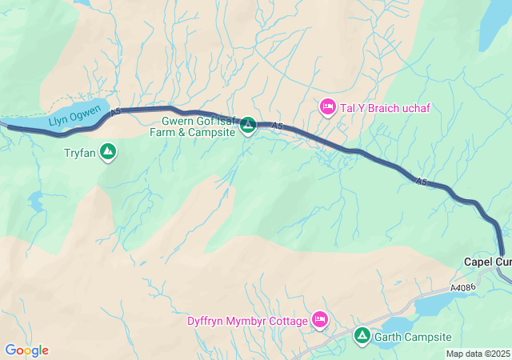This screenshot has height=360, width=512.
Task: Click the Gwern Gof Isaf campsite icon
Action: point(248,125)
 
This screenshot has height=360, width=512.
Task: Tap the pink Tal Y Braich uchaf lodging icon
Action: point(327,106)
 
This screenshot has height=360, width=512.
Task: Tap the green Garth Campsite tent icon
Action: point(362,336)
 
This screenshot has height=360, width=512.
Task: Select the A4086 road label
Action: point(463,287)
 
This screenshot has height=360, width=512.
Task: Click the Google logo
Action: point(26,350)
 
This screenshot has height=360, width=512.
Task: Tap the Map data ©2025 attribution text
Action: point(477,354)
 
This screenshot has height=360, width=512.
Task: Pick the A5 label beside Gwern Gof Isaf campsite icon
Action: point(277,126)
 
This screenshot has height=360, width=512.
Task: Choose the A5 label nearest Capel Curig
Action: point(421,183)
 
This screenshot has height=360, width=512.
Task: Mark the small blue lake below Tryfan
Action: point(36,201)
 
